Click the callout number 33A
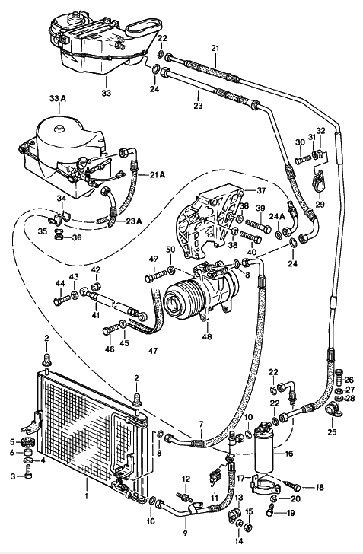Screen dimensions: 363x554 coord(58,99)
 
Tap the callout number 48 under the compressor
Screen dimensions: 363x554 coord(207,336)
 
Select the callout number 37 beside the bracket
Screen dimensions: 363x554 coord(260,191)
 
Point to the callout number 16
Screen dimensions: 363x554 coord(288,453)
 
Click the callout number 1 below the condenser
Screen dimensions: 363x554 coord(86,496)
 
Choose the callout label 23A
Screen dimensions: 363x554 coord(134,221)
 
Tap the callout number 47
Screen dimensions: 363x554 coord(153,351)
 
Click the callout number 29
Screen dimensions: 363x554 coord(320,204)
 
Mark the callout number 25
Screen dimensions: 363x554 coord(332,431)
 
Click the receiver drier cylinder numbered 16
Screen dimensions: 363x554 coord(264,447)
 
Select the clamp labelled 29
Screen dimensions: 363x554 coord(318,180)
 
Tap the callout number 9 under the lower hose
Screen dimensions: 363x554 coord(185,533)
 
